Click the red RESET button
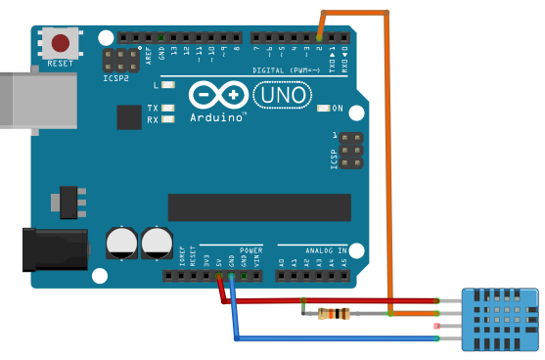coord(61,44)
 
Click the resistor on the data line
coord(334,314)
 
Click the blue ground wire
coord(333,338)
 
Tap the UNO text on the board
coord(283,96)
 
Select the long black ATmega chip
coord(258,206)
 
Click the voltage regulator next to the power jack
coord(68,201)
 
